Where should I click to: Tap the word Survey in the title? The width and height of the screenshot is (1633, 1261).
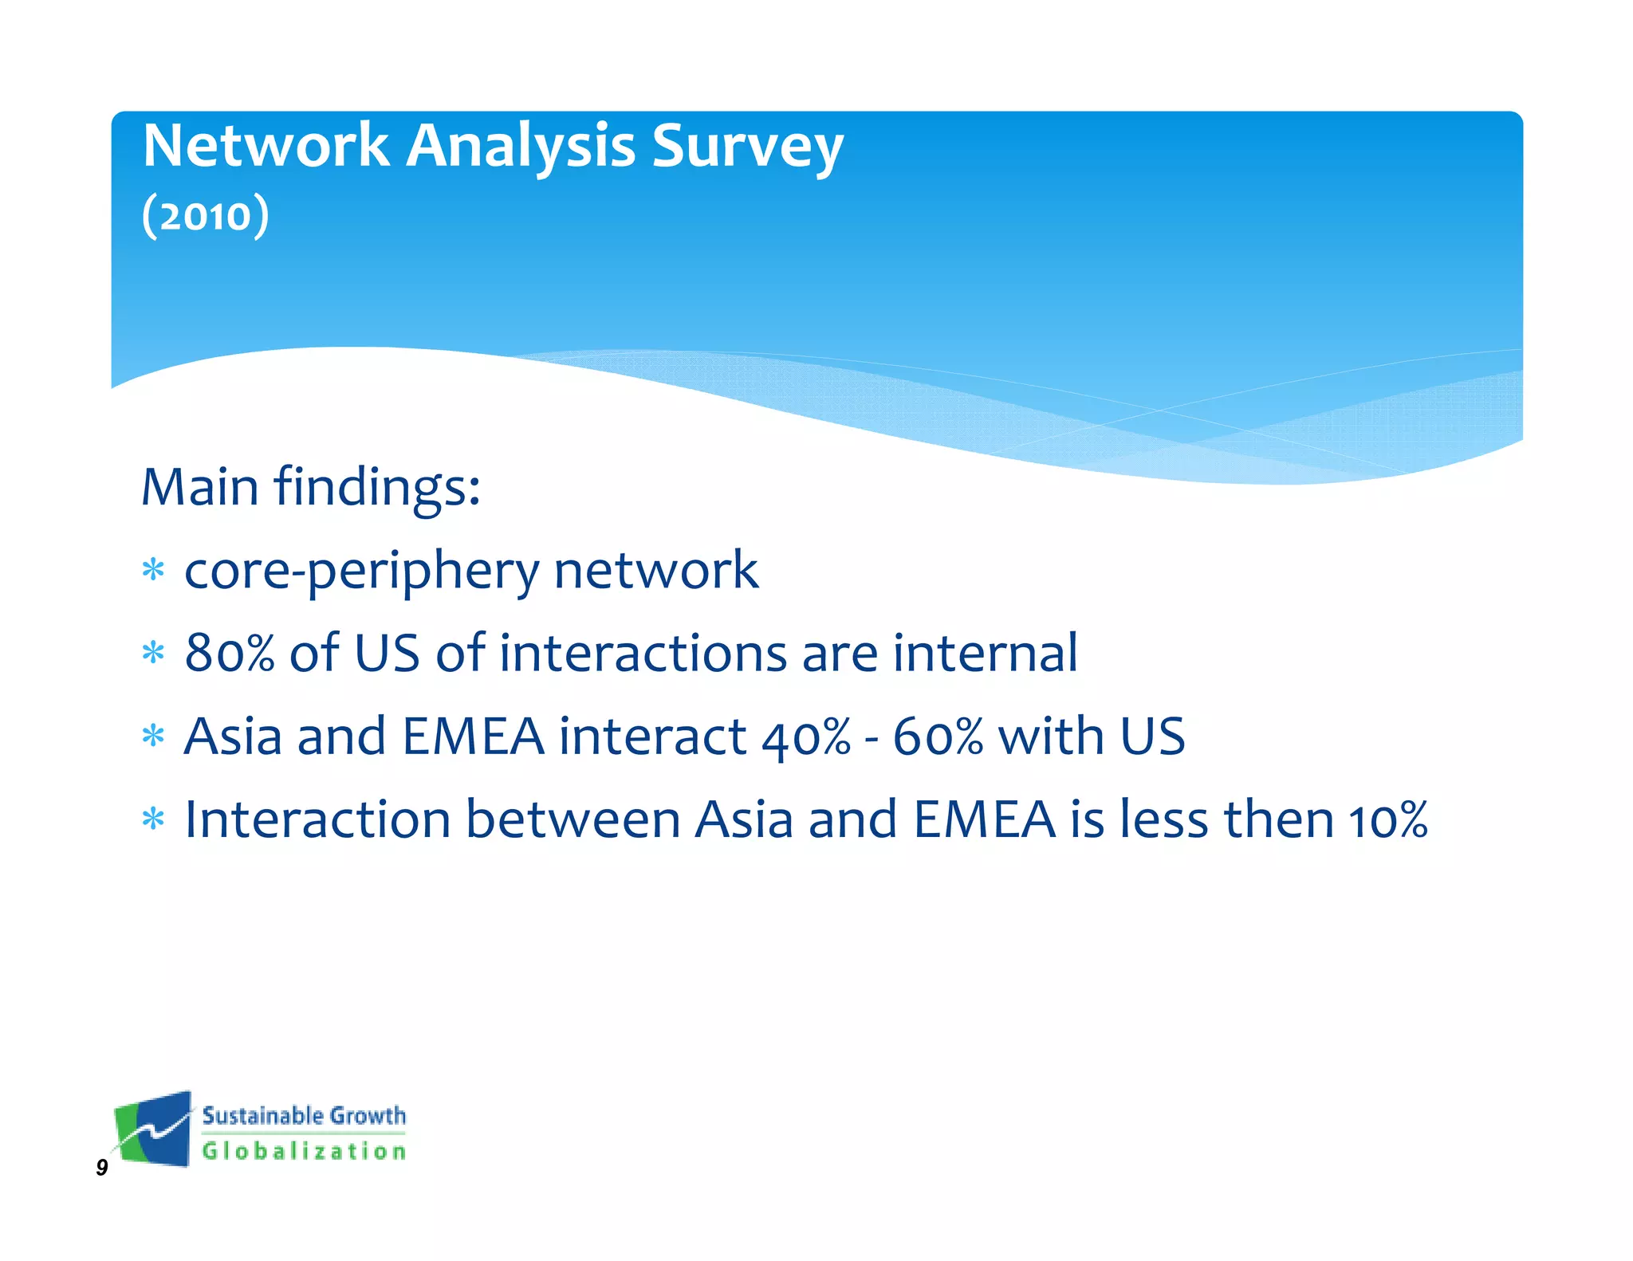[x=747, y=147]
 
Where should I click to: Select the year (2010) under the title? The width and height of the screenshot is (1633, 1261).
[x=206, y=216]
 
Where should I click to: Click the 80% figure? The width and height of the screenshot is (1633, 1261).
[x=229, y=653]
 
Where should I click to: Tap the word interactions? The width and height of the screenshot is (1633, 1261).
[x=643, y=653]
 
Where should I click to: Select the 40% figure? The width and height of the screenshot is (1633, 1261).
[x=806, y=737]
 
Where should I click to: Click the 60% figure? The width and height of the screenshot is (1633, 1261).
[x=938, y=737]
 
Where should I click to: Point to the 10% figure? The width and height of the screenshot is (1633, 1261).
[x=1387, y=819]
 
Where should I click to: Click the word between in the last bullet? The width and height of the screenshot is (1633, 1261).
[x=572, y=819]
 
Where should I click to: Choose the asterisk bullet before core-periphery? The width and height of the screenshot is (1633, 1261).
[x=153, y=571]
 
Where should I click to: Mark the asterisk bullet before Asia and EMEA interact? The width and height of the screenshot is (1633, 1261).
[x=153, y=736]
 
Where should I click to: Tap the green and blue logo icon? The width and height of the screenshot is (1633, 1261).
[x=154, y=1129]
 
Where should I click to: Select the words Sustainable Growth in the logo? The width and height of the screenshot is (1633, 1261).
[x=304, y=1116]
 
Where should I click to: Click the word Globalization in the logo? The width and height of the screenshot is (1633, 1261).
[x=304, y=1151]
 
